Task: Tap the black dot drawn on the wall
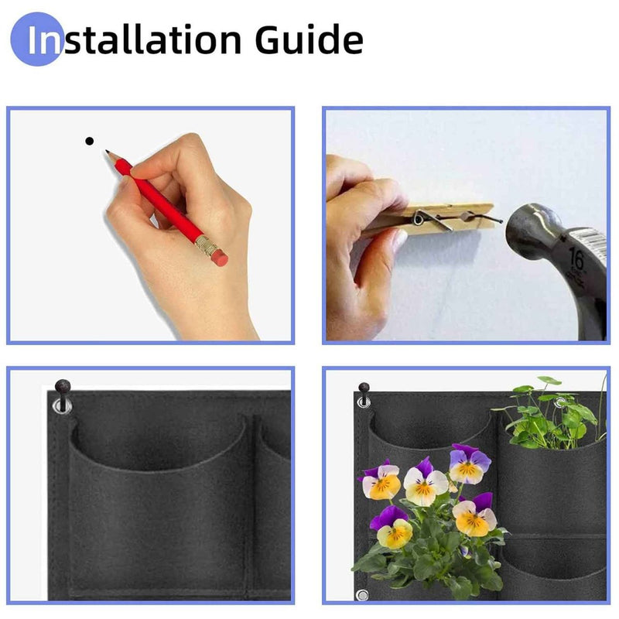89,141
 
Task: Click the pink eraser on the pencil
220,258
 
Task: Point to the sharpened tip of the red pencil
108,153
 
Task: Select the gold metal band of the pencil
207,246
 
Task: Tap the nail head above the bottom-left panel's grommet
62,385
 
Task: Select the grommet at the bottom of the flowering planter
361,594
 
